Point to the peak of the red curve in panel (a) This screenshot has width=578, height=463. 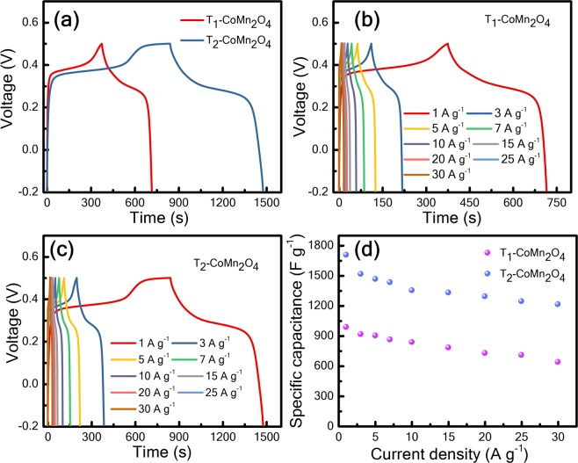click(x=102, y=43)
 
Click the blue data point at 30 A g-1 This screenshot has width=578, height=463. click(x=557, y=304)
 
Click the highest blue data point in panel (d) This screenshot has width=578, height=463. click(x=346, y=255)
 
